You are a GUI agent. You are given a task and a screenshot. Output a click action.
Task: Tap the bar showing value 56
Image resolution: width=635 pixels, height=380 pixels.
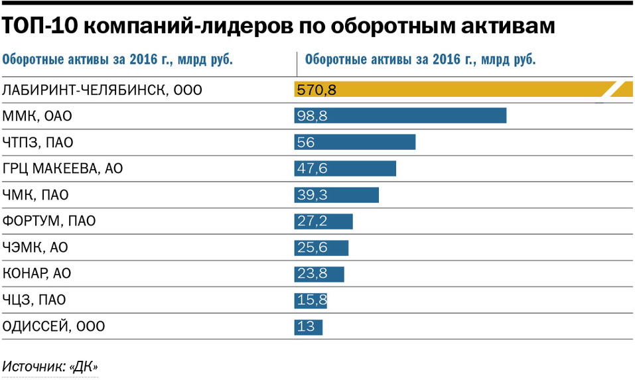(x=355, y=142)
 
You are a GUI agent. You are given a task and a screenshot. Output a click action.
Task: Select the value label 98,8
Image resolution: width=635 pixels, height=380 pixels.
(x=313, y=116)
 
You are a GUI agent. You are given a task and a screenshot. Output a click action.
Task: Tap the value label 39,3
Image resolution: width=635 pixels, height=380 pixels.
(x=312, y=195)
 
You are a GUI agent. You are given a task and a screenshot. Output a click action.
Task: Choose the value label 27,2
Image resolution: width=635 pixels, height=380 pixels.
(x=312, y=222)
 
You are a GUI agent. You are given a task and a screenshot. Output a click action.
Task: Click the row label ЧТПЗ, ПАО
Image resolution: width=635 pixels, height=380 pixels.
(x=38, y=142)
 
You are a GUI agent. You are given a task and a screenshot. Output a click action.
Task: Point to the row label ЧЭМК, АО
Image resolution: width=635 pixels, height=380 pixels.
(x=36, y=247)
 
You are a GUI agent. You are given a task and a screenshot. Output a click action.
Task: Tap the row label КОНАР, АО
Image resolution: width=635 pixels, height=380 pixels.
(x=37, y=274)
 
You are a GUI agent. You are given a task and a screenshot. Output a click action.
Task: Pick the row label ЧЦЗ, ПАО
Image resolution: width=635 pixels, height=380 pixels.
(x=35, y=300)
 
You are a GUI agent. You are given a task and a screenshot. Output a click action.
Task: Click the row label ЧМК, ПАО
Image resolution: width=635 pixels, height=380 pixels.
(x=36, y=195)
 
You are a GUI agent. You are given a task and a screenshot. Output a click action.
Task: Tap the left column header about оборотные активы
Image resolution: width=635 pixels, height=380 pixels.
(x=117, y=59)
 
